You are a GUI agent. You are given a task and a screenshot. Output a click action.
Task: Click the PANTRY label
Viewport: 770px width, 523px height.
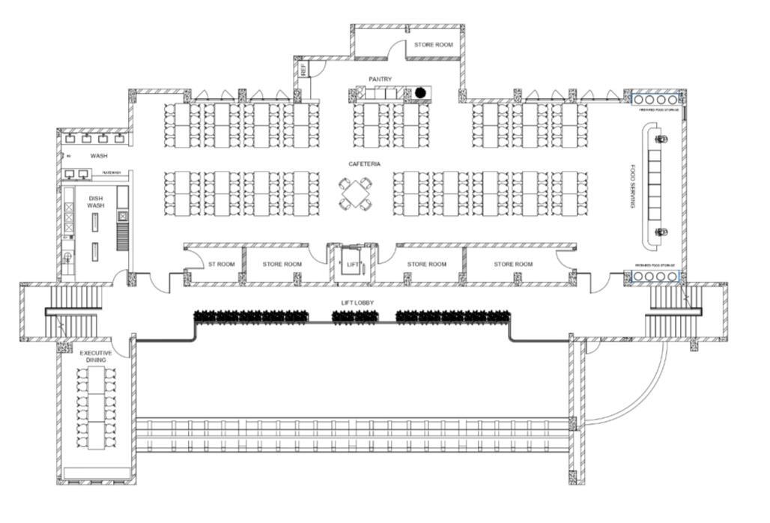point(380,79)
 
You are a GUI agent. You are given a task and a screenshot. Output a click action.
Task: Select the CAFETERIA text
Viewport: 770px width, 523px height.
point(364,164)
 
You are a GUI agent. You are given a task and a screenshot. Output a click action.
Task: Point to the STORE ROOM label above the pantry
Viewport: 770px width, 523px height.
point(434,45)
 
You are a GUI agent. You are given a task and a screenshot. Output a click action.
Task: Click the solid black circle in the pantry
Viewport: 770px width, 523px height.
point(420,93)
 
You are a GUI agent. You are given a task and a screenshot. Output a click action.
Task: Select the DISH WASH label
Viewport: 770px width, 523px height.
point(95,202)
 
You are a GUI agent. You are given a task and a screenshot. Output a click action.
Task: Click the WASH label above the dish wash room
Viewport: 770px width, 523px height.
point(99,156)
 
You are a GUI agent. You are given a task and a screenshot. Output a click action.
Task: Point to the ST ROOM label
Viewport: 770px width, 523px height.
point(221,264)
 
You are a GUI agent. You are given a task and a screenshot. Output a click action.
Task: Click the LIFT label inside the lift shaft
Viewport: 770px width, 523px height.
point(352,264)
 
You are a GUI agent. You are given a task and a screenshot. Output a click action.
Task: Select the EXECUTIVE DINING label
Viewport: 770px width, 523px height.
point(96,357)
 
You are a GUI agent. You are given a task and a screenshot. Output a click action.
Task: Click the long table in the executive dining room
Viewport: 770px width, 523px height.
point(97,408)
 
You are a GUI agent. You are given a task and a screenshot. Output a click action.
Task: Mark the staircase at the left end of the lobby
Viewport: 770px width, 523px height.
point(72,312)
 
